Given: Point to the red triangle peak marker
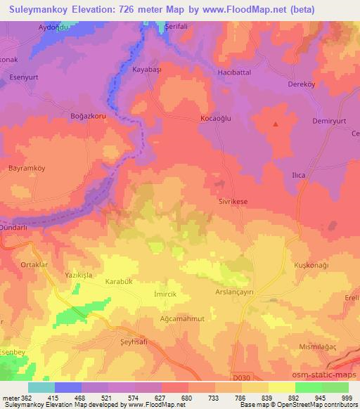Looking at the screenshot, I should [276, 124].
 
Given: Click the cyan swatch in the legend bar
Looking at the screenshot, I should [41, 387].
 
